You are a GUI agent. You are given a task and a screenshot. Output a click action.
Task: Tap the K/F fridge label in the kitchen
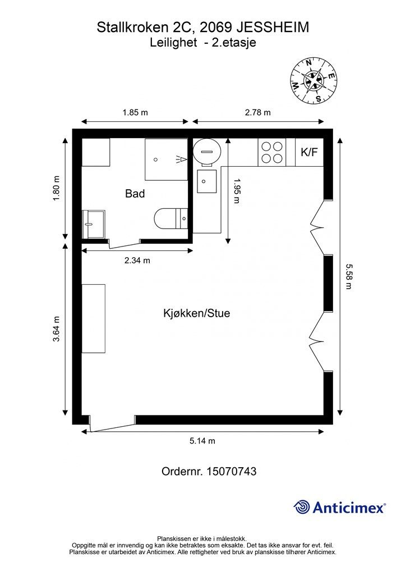310,152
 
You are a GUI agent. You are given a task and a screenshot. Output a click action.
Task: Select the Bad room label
135,193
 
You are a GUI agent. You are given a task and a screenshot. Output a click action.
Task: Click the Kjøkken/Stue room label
197,313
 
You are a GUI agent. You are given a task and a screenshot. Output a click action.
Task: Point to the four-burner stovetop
272,152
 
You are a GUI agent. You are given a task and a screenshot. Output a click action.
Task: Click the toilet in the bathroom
171,219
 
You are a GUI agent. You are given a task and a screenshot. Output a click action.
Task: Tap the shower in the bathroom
166,159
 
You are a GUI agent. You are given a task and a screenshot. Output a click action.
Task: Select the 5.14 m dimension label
202,441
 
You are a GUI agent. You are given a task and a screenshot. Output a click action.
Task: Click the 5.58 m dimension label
348,276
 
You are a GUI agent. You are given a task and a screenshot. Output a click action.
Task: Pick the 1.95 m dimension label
237,191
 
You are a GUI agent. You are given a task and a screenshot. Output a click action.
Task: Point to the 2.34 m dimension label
137,261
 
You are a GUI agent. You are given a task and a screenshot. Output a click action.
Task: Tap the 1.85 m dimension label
135,112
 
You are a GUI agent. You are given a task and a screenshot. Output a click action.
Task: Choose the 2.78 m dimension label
258,112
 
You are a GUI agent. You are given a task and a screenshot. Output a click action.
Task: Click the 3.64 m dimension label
57,328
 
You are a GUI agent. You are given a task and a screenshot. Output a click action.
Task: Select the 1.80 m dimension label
57,189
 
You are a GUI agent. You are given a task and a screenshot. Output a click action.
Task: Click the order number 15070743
232,471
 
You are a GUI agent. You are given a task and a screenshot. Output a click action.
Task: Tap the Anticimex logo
340,507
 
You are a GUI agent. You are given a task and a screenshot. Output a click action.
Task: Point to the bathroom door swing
124,244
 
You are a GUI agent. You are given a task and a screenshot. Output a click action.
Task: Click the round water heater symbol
206,152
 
